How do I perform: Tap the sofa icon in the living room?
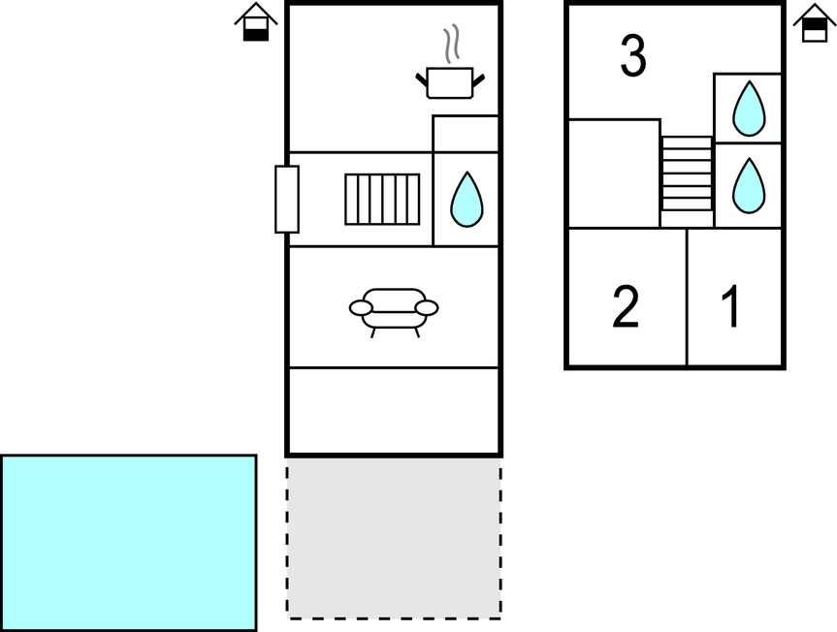[x=394, y=312]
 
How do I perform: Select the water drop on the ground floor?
[x=467, y=199]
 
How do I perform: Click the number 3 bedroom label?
[x=633, y=55]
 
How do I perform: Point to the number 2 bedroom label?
[x=625, y=306]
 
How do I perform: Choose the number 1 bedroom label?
[x=730, y=306]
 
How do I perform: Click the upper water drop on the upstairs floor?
[x=749, y=109]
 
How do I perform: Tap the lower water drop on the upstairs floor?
[x=749, y=185]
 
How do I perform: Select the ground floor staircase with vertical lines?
[x=382, y=199]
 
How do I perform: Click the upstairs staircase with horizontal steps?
[x=687, y=174]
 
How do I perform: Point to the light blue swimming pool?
[x=129, y=543]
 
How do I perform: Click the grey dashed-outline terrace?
[x=394, y=542]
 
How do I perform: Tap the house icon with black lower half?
[x=256, y=22]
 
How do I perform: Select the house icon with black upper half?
[x=815, y=22]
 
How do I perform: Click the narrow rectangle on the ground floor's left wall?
[x=287, y=199]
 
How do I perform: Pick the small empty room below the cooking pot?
[x=466, y=134]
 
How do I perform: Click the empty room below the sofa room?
[x=394, y=411]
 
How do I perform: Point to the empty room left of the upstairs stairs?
[x=614, y=174]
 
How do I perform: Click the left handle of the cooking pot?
[x=422, y=80]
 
